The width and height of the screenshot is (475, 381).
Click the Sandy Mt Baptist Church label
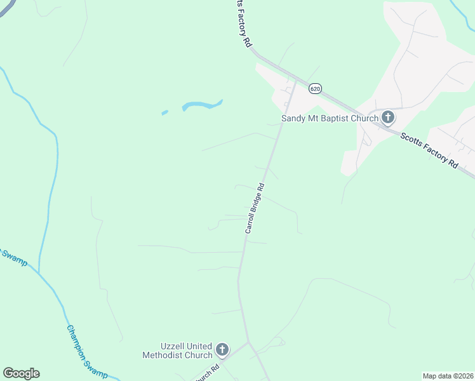click(x=330, y=117)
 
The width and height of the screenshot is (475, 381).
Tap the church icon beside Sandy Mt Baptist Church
click(x=388, y=117)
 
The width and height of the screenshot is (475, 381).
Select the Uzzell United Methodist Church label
click(x=177, y=351)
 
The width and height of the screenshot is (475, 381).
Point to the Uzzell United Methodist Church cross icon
click(x=222, y=349)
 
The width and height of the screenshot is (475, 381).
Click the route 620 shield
click(x=315, y=88)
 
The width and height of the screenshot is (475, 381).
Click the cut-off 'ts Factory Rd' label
click(x=244, y=23)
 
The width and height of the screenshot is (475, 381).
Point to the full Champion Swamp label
click(x=86, y=352)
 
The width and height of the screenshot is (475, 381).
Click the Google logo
click(x=21, y=373)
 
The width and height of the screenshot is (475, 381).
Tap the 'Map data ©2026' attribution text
click(x=448, y=375)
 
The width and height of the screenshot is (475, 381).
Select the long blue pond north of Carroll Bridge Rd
click(x=203, y=104)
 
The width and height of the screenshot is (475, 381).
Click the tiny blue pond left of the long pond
click(x=165, y=112)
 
